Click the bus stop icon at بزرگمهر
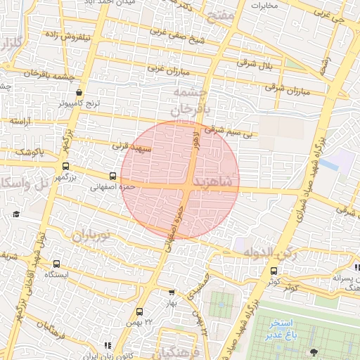(x=65, y=167)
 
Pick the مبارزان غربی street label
(x=169, y=71)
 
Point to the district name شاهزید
(x=215, y=182)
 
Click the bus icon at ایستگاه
(x=56, y=264)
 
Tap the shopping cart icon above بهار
(x=172, y=292)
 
